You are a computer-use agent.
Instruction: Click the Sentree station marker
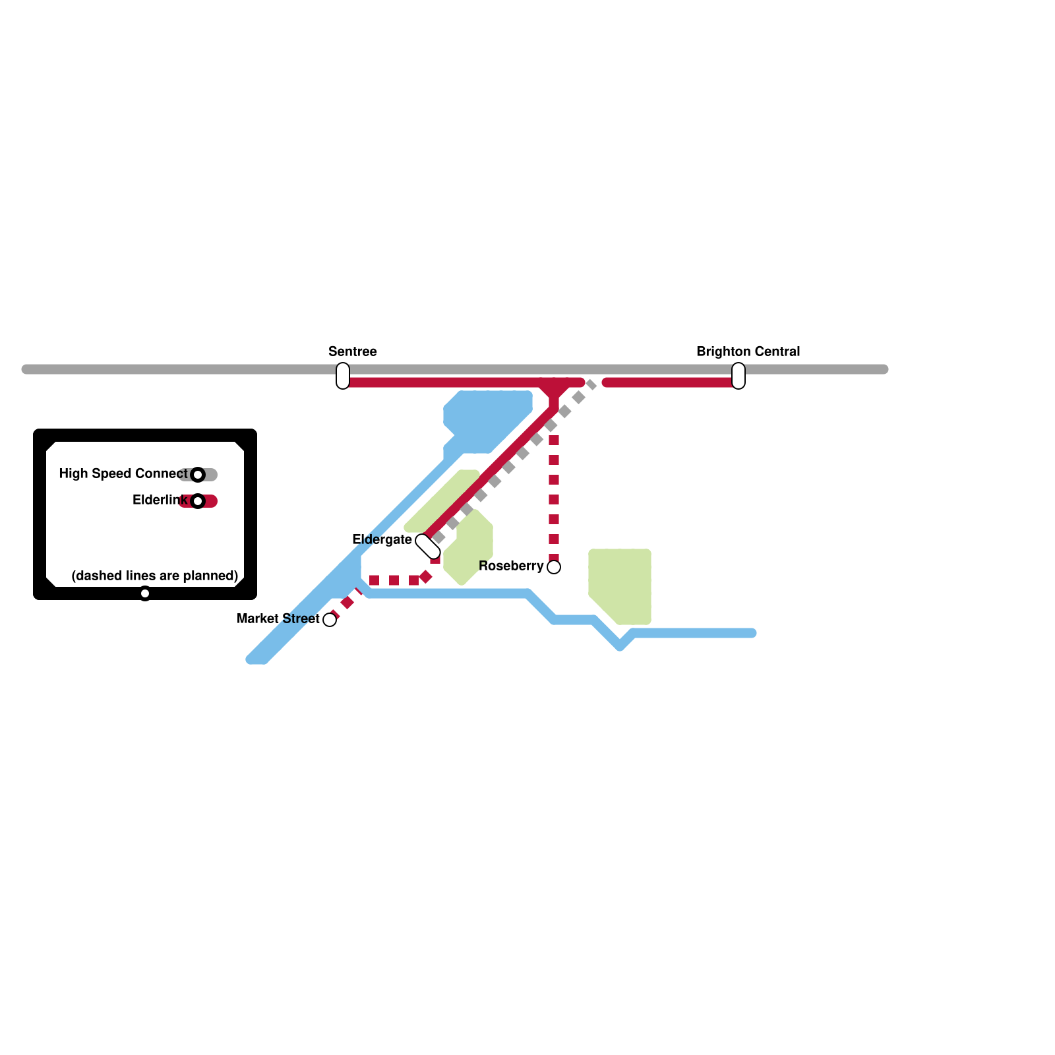click(343, 376)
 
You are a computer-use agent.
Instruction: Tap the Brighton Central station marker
click(738, 376)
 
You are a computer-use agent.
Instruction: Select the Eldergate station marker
click(428, 546)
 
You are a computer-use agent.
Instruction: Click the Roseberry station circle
click(554, 567)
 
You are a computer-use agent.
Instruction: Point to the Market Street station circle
click(330, 620)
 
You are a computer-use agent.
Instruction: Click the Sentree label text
click(353, 351)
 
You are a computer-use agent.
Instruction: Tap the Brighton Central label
click(748, 351)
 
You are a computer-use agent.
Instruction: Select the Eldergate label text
click(382, 540)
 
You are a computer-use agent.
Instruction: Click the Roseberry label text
click(511, 566)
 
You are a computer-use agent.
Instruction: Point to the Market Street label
click(278, 619)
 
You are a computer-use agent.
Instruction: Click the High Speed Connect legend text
click(123, 474)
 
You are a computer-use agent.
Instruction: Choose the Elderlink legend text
click(160, 500)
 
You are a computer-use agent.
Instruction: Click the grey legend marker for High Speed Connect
click(198, 475)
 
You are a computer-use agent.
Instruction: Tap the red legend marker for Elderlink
click(198, 501)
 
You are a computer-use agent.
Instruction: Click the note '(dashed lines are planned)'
click(154, 576)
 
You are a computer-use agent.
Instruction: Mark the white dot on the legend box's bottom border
click(145, 593)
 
